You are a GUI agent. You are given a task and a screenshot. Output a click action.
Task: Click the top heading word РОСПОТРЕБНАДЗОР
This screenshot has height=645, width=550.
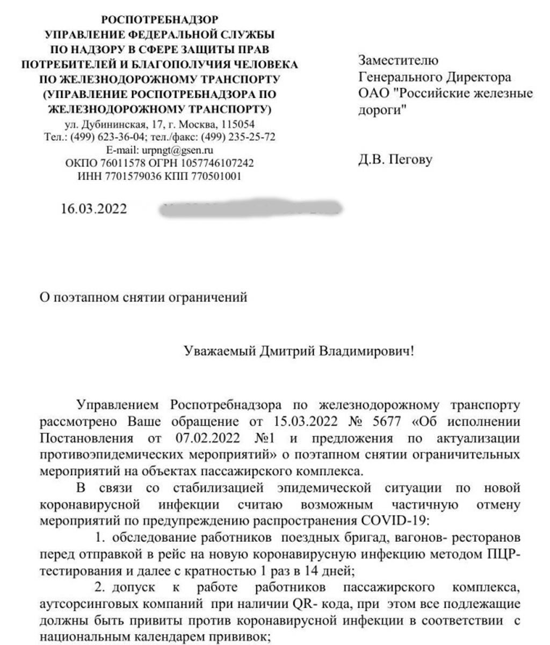pyautogui.click(x=160, y=20)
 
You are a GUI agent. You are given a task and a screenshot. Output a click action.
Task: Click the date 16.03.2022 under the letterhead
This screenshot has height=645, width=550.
pyautogui.click(x=95, y=209)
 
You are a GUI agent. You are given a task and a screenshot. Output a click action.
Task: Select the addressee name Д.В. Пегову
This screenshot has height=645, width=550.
pyautogui.click(x=395, y=160)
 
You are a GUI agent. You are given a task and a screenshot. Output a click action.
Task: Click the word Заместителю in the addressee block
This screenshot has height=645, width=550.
pyautogui.click(x=399, y=60)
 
